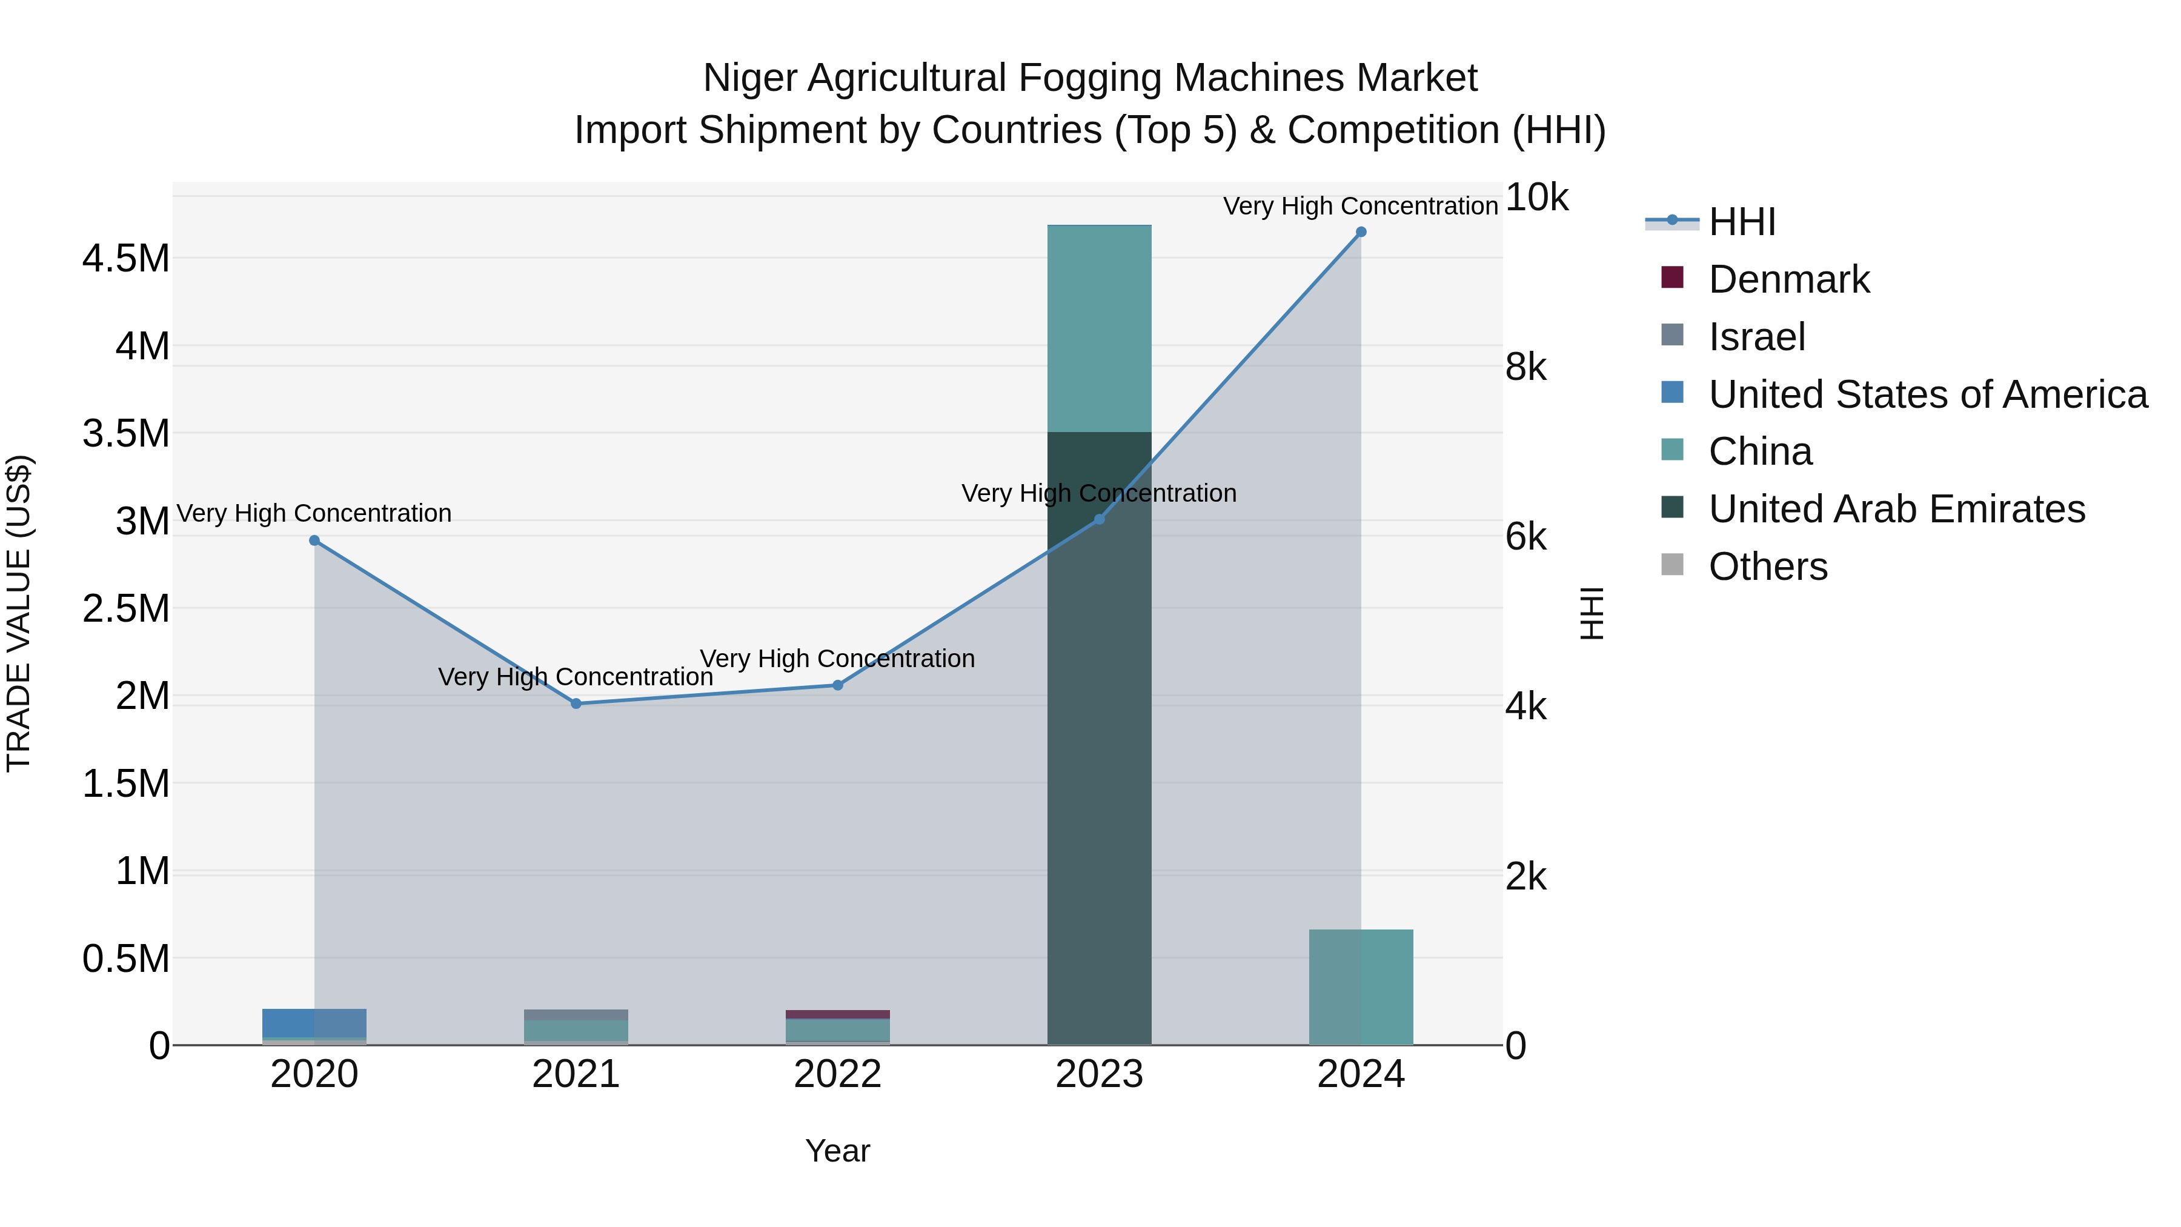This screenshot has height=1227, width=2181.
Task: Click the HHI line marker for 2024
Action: [1361, 232]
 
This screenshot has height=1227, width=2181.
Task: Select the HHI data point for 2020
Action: [314, 540]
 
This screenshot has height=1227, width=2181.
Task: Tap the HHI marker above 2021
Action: [576, 703]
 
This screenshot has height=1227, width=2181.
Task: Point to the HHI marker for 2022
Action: [837, 685]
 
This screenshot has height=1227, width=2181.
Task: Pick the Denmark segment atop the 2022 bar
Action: [837, 1014]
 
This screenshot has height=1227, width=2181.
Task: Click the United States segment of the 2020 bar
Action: [314, 1023]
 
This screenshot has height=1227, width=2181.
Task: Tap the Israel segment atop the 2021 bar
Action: [576, 1014]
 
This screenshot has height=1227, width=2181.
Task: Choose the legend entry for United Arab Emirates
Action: [1896, 509]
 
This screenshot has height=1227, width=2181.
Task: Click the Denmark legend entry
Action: [1788, 279]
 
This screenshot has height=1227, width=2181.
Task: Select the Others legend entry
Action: [1768, 567]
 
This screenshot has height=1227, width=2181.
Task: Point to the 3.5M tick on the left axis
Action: [126, 434]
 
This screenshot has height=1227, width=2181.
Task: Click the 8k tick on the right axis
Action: [1525, 368]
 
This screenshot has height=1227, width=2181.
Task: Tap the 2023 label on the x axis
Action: [1099, 1074]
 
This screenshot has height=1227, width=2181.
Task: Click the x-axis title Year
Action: [837, 1151]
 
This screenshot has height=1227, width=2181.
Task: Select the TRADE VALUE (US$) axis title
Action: [19, 613]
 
